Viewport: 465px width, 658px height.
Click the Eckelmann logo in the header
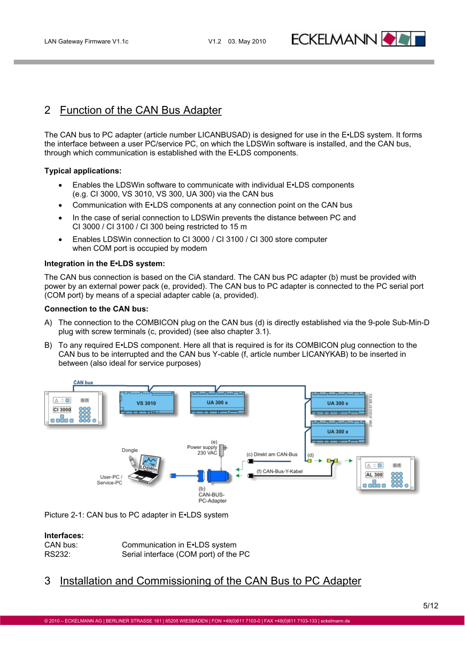tap(358, 39)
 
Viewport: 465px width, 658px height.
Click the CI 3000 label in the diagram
tap(62, 410)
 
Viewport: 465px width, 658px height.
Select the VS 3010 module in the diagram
tap(146, 403)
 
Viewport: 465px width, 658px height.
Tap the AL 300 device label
tap(374, 475)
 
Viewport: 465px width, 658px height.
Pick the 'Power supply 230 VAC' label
tap(202, 449)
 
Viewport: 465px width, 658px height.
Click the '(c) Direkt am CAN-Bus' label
tap(272, 454)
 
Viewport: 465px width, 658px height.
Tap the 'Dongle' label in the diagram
tap(130, 450)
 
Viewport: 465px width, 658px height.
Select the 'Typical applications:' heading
tap(83, 171)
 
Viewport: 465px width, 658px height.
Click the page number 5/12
tap(430, 606)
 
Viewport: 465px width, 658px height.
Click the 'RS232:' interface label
tap(57, 554)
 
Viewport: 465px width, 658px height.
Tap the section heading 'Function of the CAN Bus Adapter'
tap(141, 110)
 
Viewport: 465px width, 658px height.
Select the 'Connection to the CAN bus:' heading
tap(96, 309)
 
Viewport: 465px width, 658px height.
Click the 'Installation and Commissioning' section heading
tap(210, 581)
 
